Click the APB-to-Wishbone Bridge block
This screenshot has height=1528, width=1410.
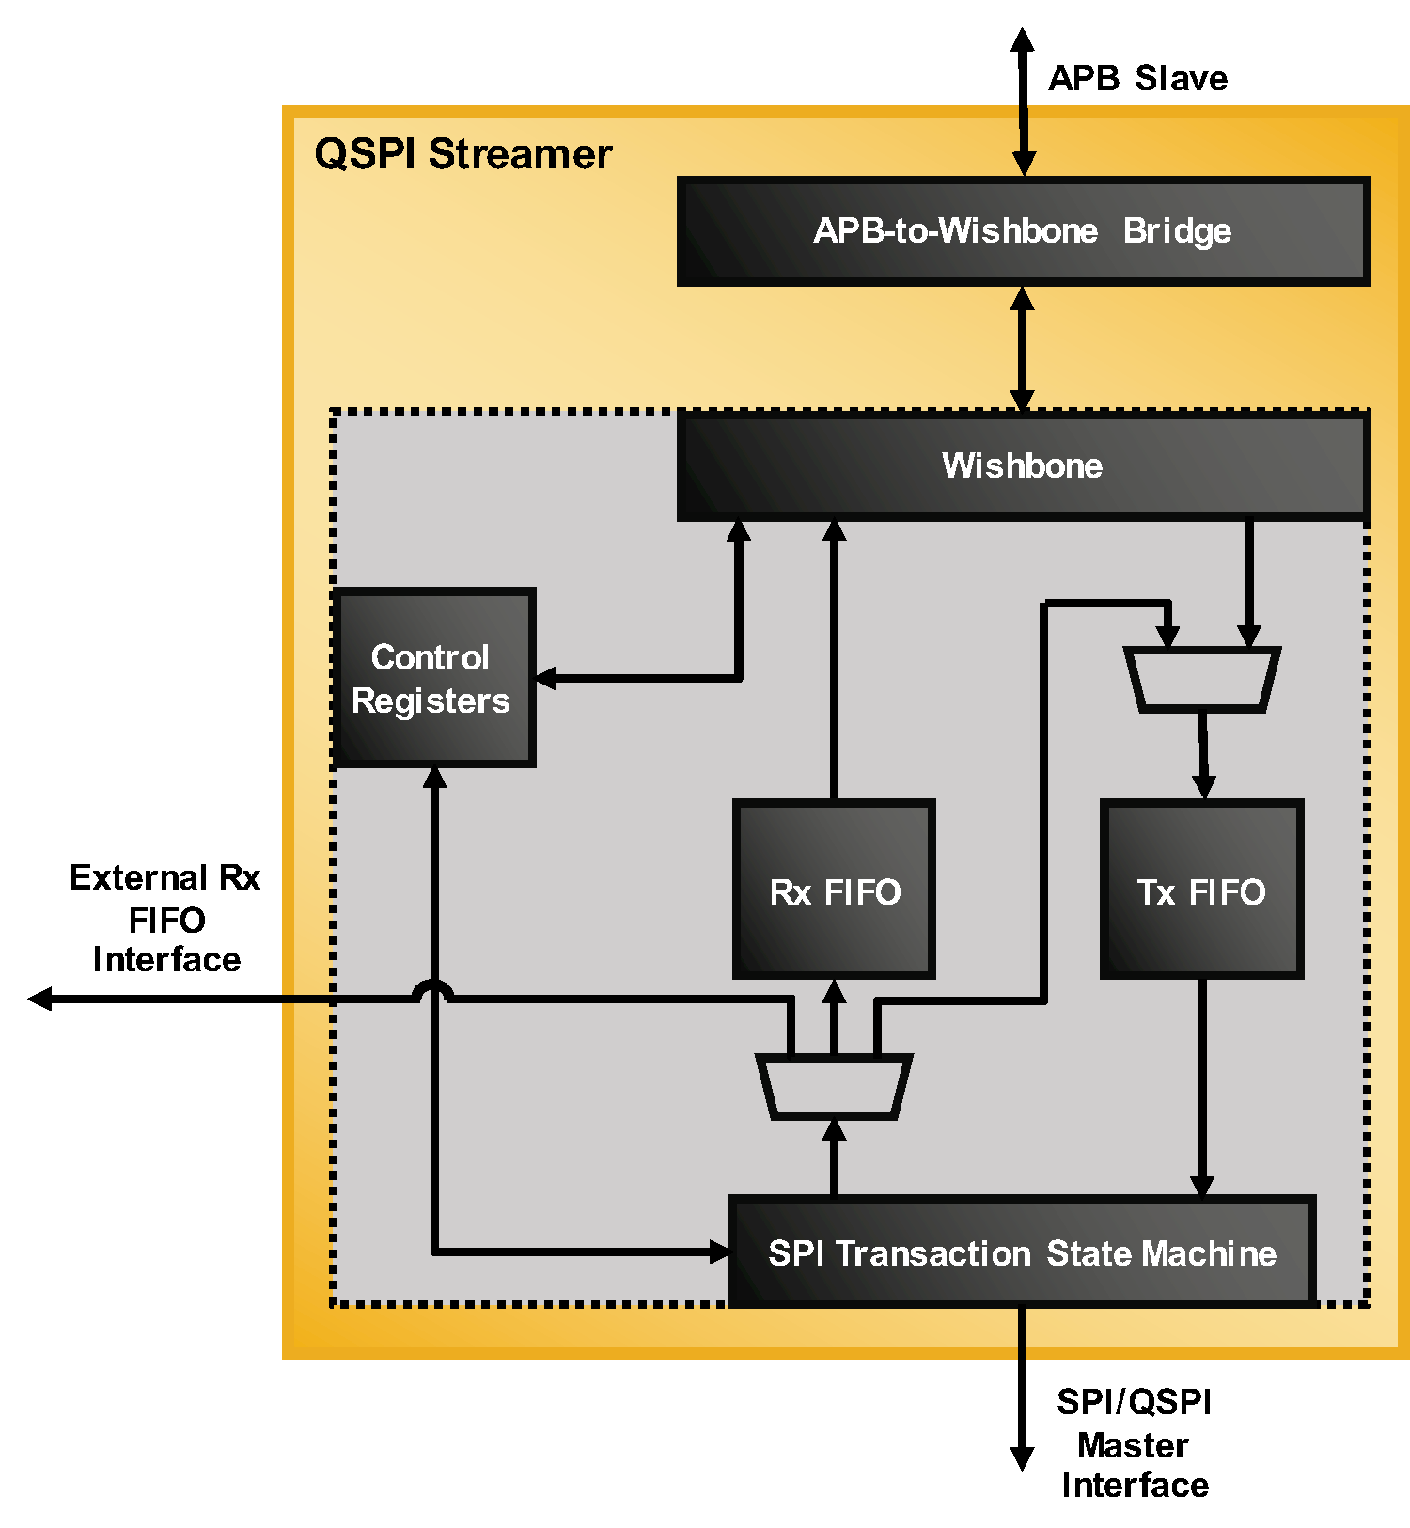[1023, 231]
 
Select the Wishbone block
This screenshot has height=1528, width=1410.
[1023, 466]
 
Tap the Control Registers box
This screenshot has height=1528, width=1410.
[433, 678]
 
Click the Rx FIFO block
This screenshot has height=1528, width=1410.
[834, 890]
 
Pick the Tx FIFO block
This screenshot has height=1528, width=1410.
[1201, 890]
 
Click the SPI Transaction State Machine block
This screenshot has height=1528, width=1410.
[1022, 1252]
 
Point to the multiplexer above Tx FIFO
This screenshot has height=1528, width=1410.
[1202, 678]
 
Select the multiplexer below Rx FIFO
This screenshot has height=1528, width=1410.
[834, 1087]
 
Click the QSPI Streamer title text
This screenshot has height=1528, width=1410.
[462, 154]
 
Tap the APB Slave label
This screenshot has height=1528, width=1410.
[1137, 78]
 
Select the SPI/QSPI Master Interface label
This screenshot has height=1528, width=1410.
[1135, 1443]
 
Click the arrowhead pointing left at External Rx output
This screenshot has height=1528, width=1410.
[40, 999]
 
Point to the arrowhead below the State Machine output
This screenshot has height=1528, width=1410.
[1022, 1457]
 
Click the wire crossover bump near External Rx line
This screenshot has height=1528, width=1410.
[433, 989]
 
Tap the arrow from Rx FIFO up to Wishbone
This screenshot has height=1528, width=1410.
[834, 658]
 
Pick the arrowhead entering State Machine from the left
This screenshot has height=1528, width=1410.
[719, 1252]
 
